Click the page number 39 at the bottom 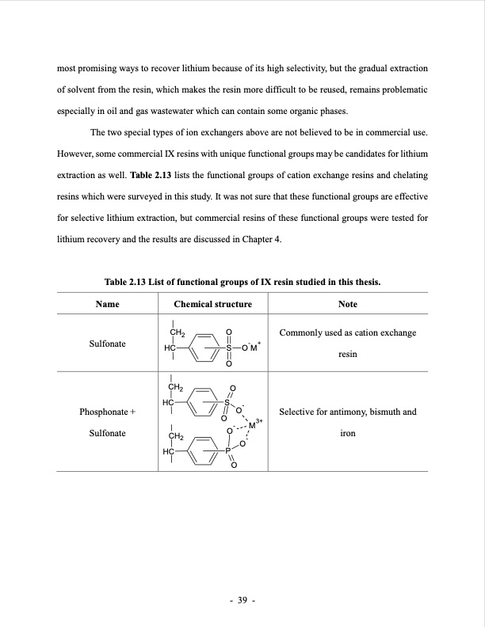(242, 600)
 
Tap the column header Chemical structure (212, 304)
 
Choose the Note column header (347, 304)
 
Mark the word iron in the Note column (347, 435)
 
